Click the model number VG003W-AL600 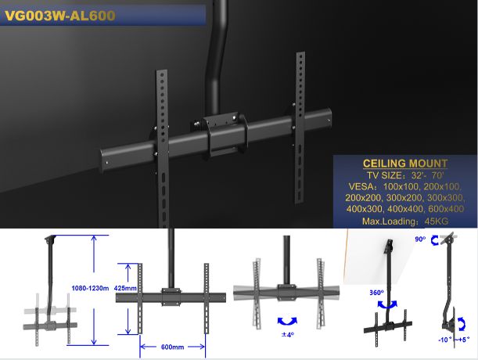[x=60, y=16]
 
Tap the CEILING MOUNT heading [x=405, y=164]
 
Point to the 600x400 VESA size [x=446, y=209]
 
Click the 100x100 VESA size [x=401, y=186]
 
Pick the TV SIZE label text [x=385, y=175]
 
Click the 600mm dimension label [x=173, y=347]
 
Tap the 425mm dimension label [x=125, y=288]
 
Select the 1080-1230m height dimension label [x=90, y=288]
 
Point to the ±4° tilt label [x=288, y=335]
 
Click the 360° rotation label [x=376, y=293]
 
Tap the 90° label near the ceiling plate [x=420, y=239]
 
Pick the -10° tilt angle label [x=445, y=340]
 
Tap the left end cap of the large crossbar [x=104, y=160]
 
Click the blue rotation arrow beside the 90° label [x=434, y=240]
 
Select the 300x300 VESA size [x=446, y=198]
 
